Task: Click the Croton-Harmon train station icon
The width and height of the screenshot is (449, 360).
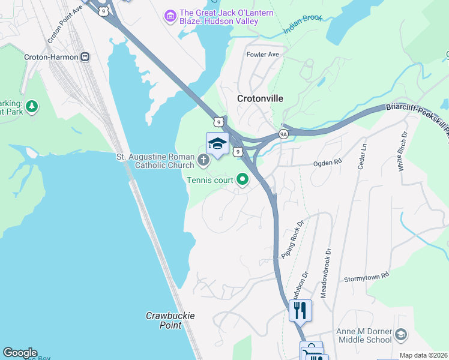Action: pyautogui.click(x=85, y=57)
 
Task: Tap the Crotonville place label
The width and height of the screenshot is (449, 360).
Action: pyautogui.click(x=260, y=98)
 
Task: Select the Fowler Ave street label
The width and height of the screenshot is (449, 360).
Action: pyautogui.click(x=263, y=55)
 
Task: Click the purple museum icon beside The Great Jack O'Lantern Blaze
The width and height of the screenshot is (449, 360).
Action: pyautogui.click(x=170, y=16)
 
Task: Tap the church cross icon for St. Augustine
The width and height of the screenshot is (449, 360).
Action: pyautogui.click(x=203, y=160)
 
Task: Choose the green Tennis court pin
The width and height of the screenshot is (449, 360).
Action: pyautogui.click(x=243, y=179)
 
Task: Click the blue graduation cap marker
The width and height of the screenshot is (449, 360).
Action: pyautogui.click(x=217, y=144)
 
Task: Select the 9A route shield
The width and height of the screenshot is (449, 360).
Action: pyautogui.click(x=283, y=134)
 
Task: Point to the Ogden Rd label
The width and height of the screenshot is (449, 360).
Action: pyautogui.click(x=328, y=163)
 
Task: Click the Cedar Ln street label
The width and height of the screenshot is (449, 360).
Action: pyautogui.click(x=362, y=156)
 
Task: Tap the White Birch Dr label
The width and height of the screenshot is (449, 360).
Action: pyautogui.click(x=403, y=151)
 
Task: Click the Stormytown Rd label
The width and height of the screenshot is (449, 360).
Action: pyautogui.click(x=366, y=277)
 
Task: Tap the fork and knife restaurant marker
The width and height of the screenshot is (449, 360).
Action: pyautogui.click(x=300, y=310)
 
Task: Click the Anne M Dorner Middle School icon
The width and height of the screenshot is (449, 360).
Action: pyautogui.click(x=400, y=334)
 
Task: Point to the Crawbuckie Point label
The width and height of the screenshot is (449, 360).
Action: pyautogui.click(x=170, y=320)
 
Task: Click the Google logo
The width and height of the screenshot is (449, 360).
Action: pyautogui.click(x=20, y=353)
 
